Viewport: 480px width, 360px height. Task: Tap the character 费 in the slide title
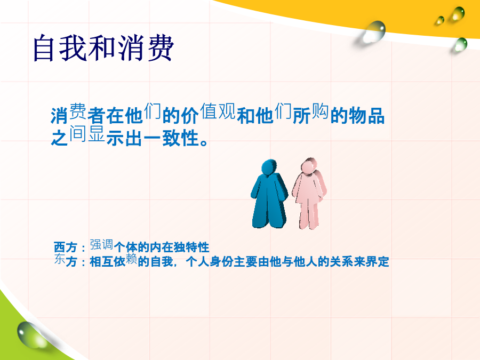(161, 48)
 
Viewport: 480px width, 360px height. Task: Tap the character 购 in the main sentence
(320, 111)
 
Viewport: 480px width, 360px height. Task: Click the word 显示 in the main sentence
(106, 135)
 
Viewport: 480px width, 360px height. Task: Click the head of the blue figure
(269, 167)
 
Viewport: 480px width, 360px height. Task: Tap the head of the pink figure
(309, 166)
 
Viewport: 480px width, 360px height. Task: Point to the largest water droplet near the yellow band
(373, 32)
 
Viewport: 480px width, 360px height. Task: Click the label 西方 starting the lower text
(65, 247)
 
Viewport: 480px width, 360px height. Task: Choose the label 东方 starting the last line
(65, 260)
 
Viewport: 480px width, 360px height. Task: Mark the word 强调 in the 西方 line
(101, 245)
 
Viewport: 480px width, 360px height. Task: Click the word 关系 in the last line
(342, 262)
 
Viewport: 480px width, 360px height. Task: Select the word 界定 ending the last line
(378, 262)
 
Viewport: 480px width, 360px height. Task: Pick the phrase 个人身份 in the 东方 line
(210, 262)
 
